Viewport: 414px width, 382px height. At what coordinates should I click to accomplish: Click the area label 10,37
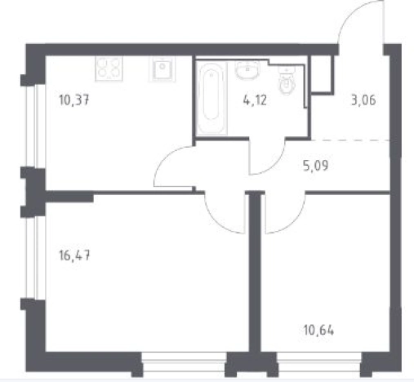coord(74,100)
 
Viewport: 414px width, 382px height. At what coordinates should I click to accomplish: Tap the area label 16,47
coord(74,256)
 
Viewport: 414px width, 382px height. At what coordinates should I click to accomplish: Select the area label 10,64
coord(318,331)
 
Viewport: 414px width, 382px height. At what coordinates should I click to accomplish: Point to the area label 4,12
coord(255,100)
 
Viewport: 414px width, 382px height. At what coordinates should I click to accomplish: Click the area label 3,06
coord(363,100)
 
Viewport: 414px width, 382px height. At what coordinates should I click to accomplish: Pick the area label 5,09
coord(316,166)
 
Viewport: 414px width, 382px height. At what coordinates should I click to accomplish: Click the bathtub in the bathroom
coord(211,98)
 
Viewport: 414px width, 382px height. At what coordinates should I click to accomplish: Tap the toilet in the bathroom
coord(287,81)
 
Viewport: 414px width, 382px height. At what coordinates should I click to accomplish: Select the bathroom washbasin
coord(247,69)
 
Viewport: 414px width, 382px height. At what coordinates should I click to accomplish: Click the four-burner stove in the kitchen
coord(109,69)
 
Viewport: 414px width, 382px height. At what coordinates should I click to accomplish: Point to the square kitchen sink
coord(162,69)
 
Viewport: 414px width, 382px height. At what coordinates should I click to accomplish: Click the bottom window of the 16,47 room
coord(185,362)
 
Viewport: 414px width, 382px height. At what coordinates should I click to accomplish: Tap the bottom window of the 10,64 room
coord(319,362)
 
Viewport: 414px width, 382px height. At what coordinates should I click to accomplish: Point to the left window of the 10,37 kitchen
coord(36,126)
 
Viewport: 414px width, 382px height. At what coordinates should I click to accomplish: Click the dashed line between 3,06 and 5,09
coord(350,140)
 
